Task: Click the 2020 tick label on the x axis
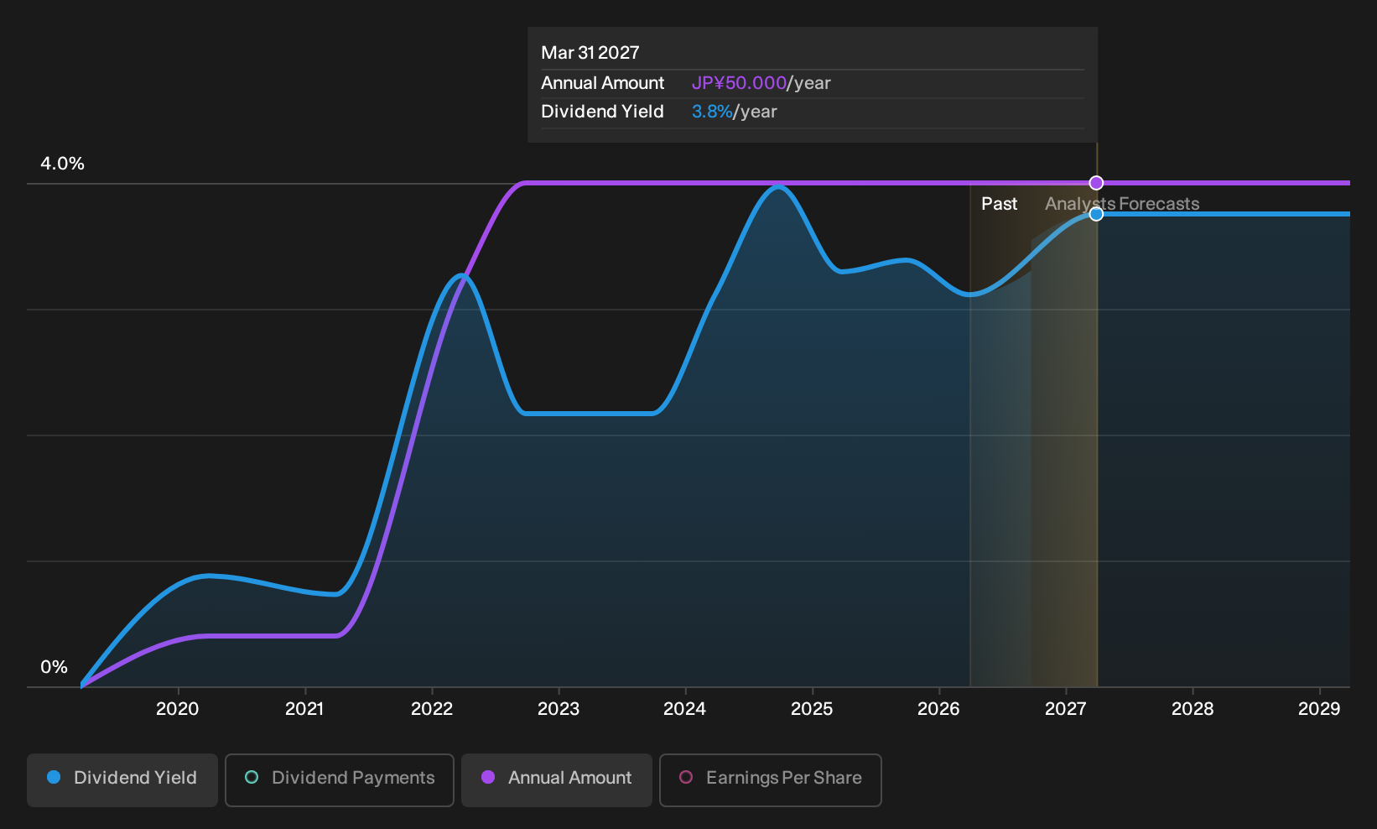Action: pyautogui.click(x=177, y=709)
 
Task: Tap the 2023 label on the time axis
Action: pyautogui.click(x=559, y=709)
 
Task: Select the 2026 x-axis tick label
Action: pyautogui.click(x=938, y=709)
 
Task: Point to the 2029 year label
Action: pyautogui.click(x=1318, y=709)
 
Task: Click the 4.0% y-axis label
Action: pyautogui.click(x=62, y=164)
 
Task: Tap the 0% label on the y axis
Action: pyautogui.click(x=55, y=667)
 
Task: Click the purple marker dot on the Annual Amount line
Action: pyautogui.click(x=1096, y=183)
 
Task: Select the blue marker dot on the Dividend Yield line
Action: pyautogui.click(x=1096, y=214)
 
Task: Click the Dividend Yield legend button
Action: pyautogui.click(x=122, y=779)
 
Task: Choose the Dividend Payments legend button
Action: pyautogui.click(x=340, y=779)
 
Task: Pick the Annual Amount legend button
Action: pyautogui.click(x=556, y=779)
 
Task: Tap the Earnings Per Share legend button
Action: pyautogui.click(x=770, y=779)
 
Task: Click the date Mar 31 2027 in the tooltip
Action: pyautogui.click(x=590, y=53)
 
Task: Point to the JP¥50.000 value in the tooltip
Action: pyautogui.click(x=739, y=83)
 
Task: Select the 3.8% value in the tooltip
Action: pyautogui.click(x=712, y=112)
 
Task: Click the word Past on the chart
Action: pyautogui.click(x=999, y=204)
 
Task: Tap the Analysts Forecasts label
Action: pyautogui.click(x=1122, y=204)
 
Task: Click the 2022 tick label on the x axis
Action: pyautogui.click(x=432, y=709)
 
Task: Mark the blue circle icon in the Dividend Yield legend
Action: pyautogui.click(x=55, y=777)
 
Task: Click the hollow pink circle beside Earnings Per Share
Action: pyautogui.click(x=686, y=777)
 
